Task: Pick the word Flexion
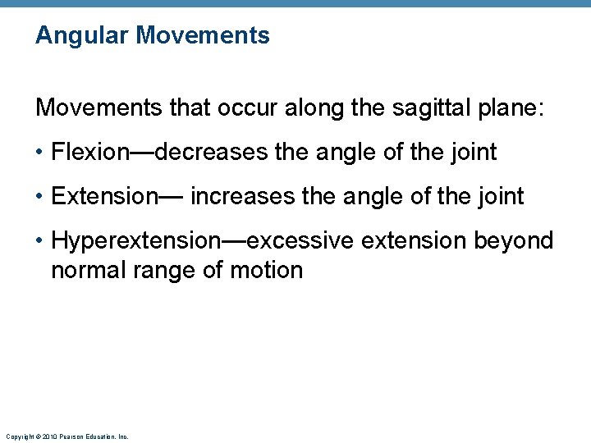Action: pos(90,152)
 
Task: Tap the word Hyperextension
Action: pos(135,241)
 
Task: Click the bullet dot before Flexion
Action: pos(40,153)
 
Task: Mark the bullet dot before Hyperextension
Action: pos(40,241)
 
